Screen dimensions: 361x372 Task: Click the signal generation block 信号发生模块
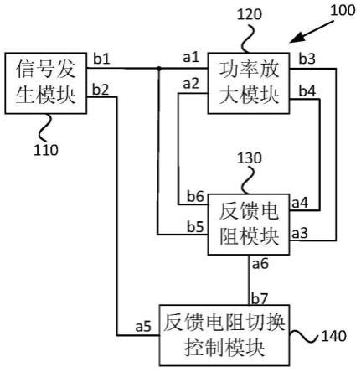[46, 83]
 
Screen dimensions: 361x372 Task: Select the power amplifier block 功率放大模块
[249, 83]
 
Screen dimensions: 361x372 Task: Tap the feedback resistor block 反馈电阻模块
[249, 225]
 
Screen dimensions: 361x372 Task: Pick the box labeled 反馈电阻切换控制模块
[224, 335]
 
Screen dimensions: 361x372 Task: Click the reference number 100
[343, 11]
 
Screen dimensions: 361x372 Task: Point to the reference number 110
[46, 150]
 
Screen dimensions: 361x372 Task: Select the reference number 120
[250, 14]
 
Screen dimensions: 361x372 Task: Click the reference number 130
[250, 158]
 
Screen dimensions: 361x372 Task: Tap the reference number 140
[334, 336]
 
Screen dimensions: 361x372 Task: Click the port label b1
[101, 59]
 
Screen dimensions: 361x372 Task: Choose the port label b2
[101, 90]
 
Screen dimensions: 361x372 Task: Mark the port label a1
[191, 58]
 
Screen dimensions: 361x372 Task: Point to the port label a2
[191, 84]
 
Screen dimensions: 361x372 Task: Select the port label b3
[307, 59]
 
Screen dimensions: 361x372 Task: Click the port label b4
[307, 91]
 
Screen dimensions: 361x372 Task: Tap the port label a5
[143, 326]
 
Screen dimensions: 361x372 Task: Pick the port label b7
[260, 298]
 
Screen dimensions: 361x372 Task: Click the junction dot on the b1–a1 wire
[158, 68]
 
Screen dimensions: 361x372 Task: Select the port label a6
[260, 264]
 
